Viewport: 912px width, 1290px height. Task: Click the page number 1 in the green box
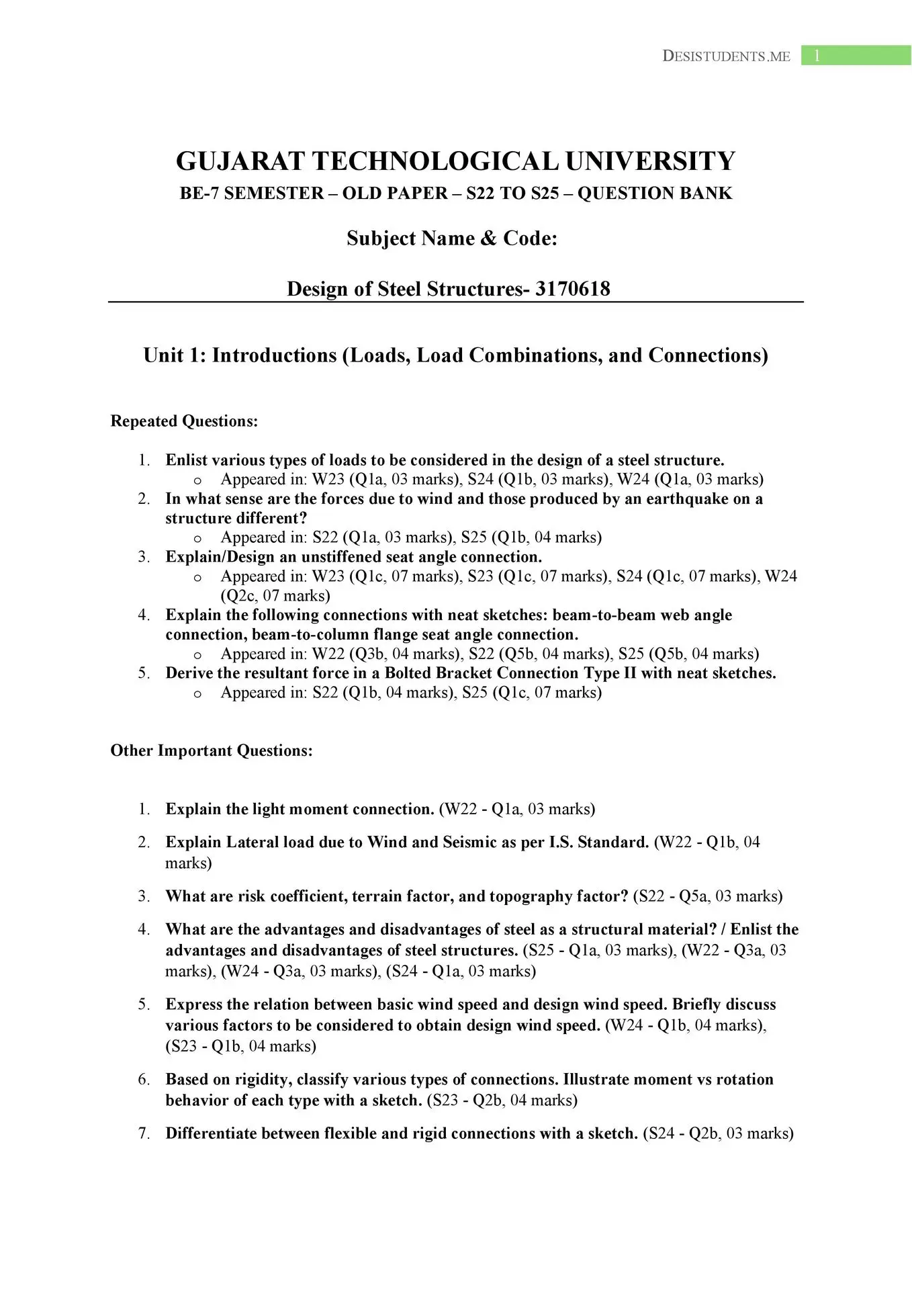coord(817,56)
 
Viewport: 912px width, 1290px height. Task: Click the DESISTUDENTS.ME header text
coord(726,56)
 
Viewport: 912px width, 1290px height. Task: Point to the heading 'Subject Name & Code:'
coord(452,239)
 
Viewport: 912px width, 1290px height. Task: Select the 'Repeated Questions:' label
coord(184,421)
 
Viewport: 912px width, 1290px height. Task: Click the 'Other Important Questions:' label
coord(212,750)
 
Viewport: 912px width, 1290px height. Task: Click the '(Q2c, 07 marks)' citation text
coord(275,595)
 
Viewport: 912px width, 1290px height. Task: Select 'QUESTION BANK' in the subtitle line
coord(655,193)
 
